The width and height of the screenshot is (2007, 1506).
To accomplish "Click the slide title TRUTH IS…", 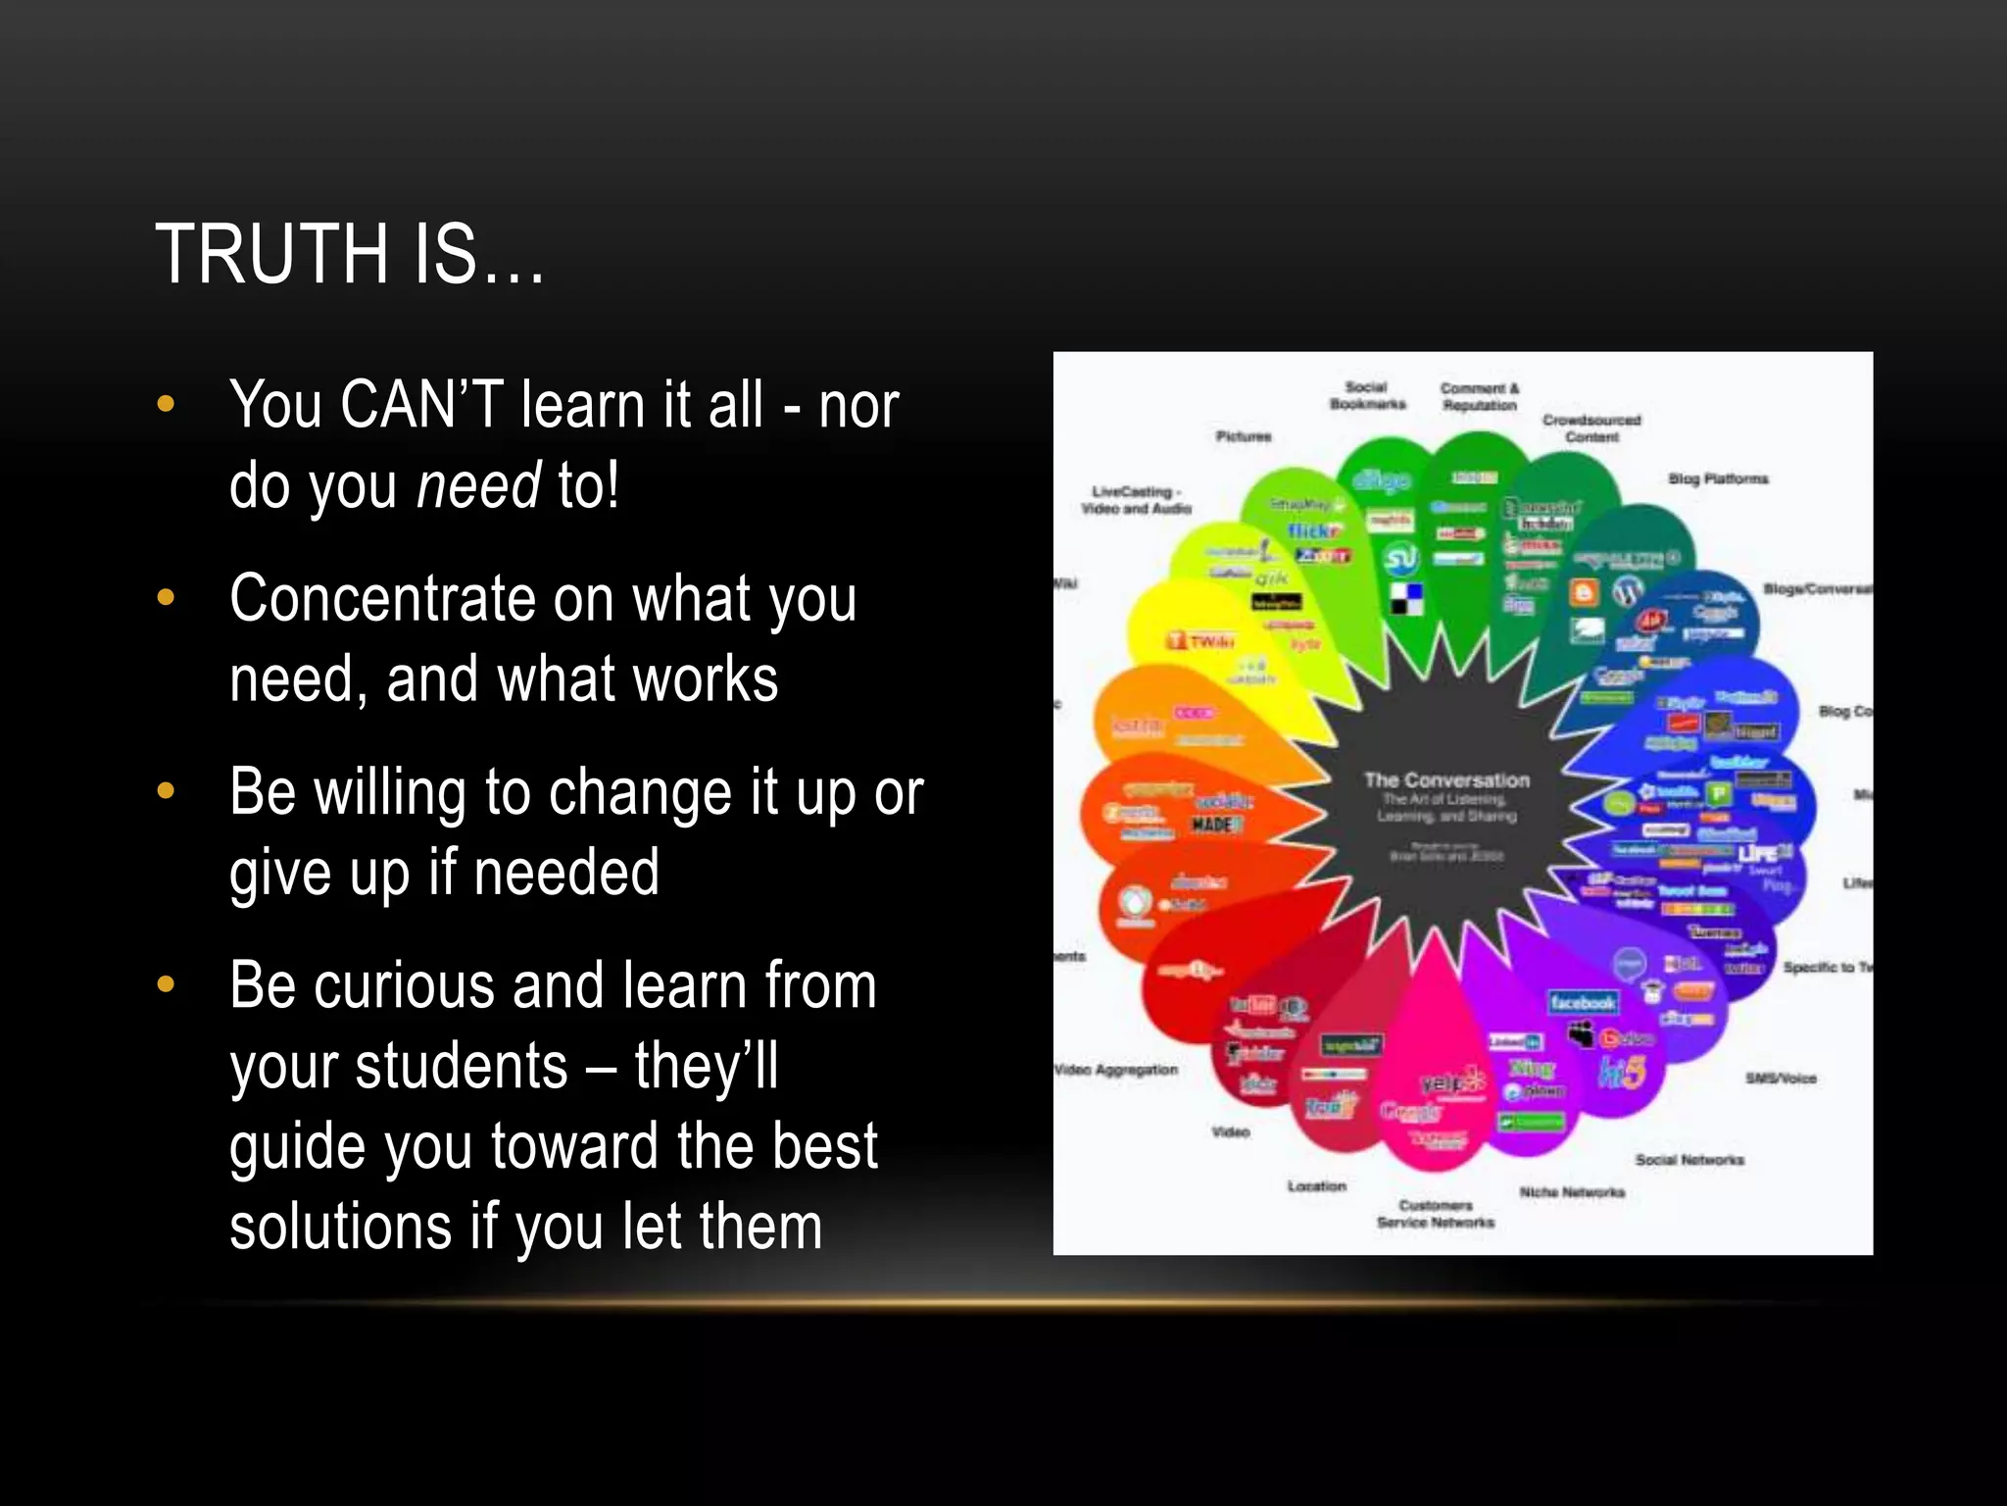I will (350, 255).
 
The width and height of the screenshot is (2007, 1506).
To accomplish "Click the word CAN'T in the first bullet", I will (421, 404).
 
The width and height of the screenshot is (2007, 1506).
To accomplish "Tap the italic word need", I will (478, 484).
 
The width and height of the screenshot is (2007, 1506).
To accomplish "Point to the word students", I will (462, 1066).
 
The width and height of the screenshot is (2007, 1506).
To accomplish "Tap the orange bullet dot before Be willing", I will (166, 790).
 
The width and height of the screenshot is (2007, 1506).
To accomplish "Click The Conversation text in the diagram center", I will (1446, 780).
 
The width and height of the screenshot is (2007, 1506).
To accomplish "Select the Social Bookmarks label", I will (1367, 395).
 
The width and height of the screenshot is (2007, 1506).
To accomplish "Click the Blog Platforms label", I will (1718, 478).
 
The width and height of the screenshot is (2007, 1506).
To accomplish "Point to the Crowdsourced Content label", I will (1591, 427).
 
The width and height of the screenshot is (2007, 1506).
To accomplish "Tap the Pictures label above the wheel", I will (1244, 436).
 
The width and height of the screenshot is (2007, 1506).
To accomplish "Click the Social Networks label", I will (1689, 1160).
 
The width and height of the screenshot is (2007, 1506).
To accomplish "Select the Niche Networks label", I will (1572, 1192).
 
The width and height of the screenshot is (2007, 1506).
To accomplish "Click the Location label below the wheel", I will (1316, 1186).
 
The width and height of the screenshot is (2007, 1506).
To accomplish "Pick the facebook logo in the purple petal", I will (1583, 1002).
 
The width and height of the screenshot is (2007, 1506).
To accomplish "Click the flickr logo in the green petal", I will (1314, 530).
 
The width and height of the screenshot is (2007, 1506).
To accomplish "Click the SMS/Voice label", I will (1781, 1079).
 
